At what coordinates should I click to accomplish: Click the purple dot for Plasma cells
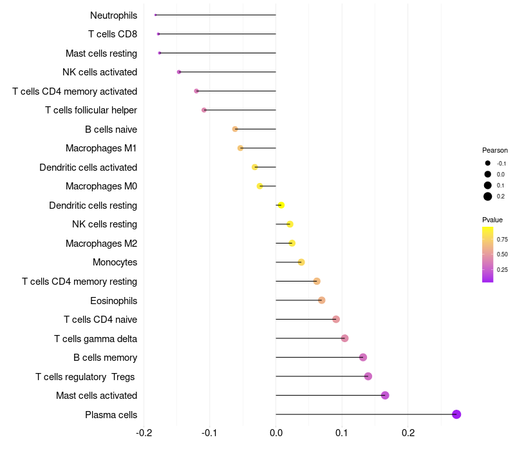click(456, 414)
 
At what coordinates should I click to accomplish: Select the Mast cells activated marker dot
click(385, 396)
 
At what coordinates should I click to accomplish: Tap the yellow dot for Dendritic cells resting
click(281, 206)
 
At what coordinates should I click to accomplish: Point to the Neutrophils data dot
click(156, 15)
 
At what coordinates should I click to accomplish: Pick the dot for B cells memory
click(363, 358)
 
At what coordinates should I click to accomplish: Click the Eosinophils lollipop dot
click(322, 300)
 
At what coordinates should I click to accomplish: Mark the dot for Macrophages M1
click(241, 148)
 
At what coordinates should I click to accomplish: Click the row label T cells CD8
click(113, 34)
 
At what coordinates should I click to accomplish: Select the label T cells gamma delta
click(95, 339)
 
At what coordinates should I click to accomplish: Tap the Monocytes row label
click(115, 262)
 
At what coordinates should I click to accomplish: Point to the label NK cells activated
click(100, 72)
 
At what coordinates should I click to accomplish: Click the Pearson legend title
click(495, 150)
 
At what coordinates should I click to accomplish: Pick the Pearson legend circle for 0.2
click(488, 197)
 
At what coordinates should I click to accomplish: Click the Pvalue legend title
click(492, 220)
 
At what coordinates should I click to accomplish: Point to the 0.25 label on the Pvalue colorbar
click(502, 270)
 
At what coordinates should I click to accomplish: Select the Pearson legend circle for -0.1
click(488, 164)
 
